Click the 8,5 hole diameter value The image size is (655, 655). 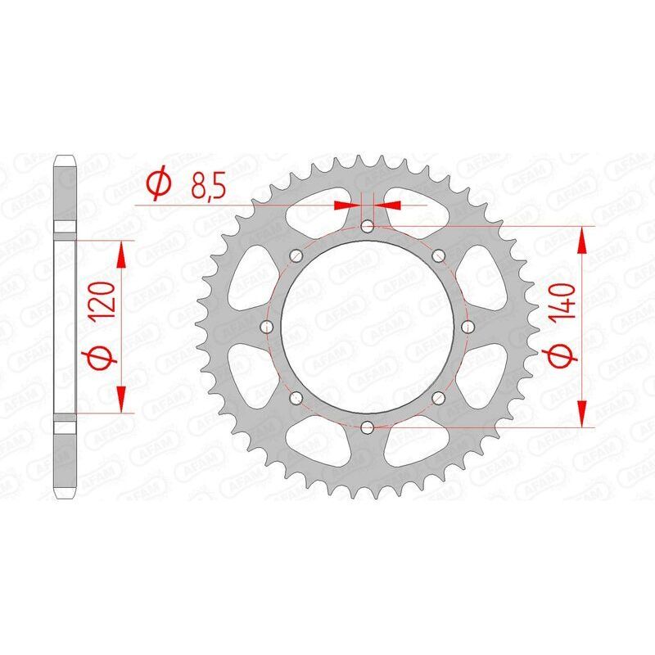point(208,186)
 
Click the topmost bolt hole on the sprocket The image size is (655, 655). point(368,225)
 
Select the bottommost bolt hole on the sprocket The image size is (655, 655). point(368,427)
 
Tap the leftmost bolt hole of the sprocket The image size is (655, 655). point(267,327)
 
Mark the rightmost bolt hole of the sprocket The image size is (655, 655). point(468,327)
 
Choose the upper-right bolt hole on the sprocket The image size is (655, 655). point(439,255)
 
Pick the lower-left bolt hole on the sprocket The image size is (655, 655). point(296,398)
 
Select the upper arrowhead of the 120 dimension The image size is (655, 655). point(122,253)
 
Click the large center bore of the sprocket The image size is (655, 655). point(368,327)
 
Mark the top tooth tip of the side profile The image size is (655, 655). point(65,157)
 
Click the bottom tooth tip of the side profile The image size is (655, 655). point(65,496)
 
